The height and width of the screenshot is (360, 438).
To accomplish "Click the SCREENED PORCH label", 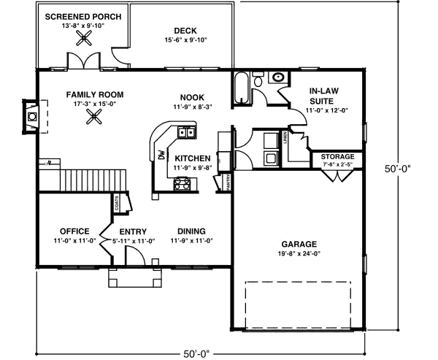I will click(82, 16).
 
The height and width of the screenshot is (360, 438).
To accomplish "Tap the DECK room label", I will click(186, 31).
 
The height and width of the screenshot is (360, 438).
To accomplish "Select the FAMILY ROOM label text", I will click(94, 95).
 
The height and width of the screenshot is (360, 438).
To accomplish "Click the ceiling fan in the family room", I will click(93, 120).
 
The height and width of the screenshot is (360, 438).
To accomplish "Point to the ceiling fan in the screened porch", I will click(82, 42).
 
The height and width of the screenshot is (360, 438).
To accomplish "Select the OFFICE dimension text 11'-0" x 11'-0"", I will click(74, 240).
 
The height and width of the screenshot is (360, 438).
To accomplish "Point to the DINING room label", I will click(191, 230).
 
